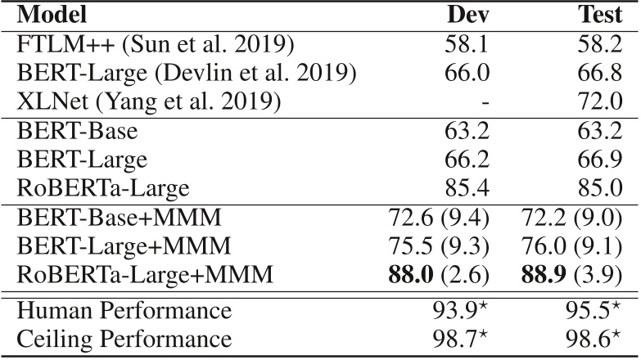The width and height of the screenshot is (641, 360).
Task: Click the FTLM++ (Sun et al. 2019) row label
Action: coord(156,44)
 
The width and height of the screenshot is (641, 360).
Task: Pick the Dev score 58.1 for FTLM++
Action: coord(467,44)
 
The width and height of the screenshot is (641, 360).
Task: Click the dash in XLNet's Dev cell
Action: coord(485,103)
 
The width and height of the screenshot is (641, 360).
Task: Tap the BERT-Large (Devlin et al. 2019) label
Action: coord(186,73)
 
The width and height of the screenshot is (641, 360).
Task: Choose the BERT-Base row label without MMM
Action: coord(77,131)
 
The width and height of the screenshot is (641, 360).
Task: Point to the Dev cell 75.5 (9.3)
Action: coord(439,246)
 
